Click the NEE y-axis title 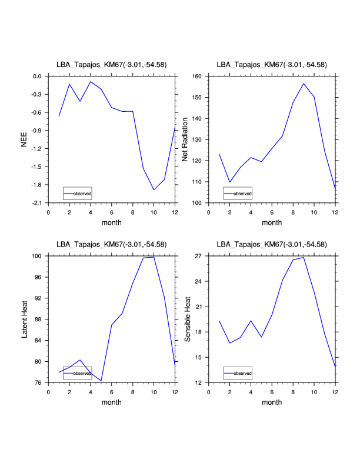pos(24,139)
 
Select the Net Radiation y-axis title pos(185,139)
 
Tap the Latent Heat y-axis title pos(24,319)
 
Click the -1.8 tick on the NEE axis pos(36,185)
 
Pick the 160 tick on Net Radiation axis pos(196,76)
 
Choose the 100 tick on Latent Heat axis pos(36,257)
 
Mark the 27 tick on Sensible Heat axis pos(198,257)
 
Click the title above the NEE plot pos(111,65)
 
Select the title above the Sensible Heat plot pos(272,244)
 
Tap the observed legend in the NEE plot pos(77,193)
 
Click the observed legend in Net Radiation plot pos(238,193)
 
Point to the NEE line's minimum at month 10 pos(154,189)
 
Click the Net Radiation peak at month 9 pos(304,84)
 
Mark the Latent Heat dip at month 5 pos(101,381)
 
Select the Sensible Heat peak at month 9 pos(304,257)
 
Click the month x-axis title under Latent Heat pos(111,402)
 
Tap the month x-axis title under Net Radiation pos(272,222)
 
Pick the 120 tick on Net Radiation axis pos(196,161)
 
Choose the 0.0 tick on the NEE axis pos(37,76)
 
